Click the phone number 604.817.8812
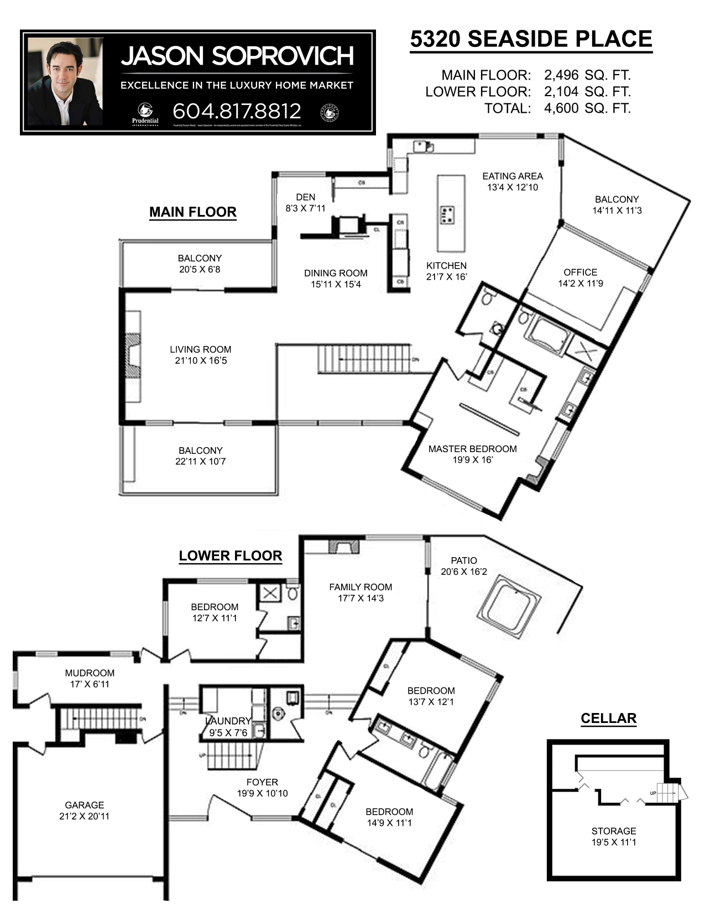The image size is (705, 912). (x=237, y=111)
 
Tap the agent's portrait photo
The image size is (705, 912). (x=65, y=81)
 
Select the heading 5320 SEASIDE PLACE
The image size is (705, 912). (x=531, y=39)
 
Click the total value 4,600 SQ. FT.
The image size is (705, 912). (x=587, y=108)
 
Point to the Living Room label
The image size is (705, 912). (x=200, y=349)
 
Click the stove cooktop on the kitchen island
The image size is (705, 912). (x=448, y=214)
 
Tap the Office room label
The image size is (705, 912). (x=580, y=272)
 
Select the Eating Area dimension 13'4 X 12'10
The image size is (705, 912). (x=513, y=187)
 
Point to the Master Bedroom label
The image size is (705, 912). (x=472, y=449)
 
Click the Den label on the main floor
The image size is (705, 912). (x=305, y=197)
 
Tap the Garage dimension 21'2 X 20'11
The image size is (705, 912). (x=84, y=816)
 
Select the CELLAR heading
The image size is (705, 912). (x=608, y=719)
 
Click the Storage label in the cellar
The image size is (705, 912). (x=613, y=831)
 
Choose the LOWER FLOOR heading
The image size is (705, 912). (x=230, y=556)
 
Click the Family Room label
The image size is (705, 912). (x=361, y=587)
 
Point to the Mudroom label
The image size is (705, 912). (x=90, y=673)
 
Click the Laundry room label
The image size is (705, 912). (x=228, y=721)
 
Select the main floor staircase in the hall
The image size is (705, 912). (x=364, y=359)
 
